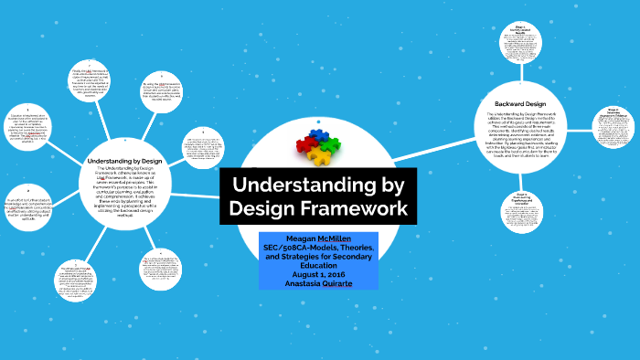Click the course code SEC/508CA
click(287, 248)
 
